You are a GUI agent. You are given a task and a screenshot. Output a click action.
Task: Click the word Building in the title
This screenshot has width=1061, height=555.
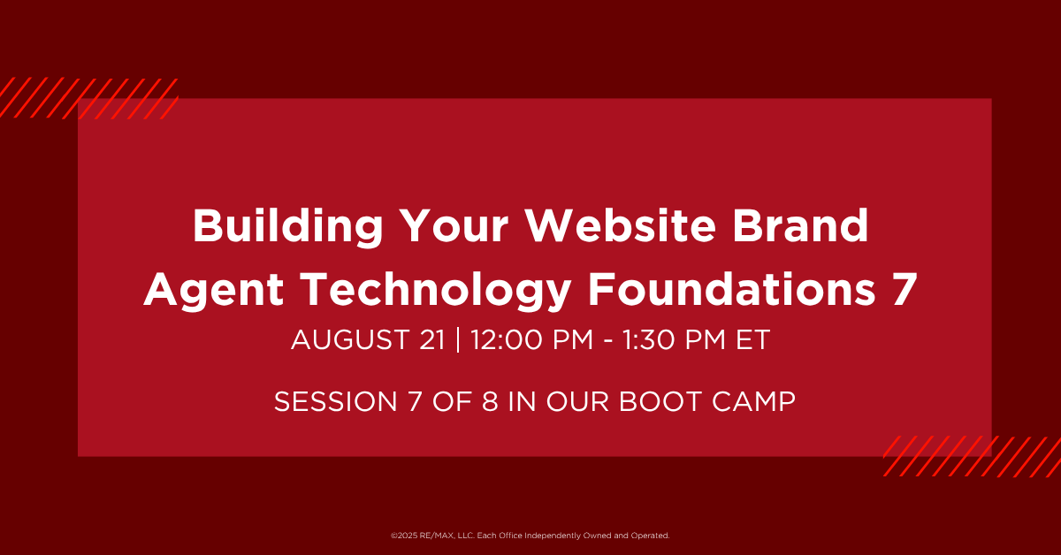[x=287, y=227]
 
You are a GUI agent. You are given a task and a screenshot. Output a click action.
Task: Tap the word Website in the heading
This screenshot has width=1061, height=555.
[x=621, y=226]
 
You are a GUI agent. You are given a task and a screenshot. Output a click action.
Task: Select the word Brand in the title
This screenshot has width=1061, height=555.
[x=800, y=226]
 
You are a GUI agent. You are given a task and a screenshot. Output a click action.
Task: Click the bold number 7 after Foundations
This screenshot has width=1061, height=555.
[x=905, y=289]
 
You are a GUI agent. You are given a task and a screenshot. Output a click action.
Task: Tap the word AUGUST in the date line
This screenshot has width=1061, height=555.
[x=350, y=339]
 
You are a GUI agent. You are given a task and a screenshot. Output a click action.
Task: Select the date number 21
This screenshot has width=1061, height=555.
[x=432, y=339]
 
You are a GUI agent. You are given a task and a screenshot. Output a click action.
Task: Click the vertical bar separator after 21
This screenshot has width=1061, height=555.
[x=458, y=340]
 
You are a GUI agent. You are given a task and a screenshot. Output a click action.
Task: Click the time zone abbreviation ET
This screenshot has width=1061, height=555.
[x=752, y=339]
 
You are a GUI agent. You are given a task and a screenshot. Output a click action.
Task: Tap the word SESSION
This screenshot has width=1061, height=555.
[x=335, y=401]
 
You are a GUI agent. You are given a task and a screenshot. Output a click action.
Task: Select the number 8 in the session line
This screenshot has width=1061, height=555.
[x=490, y=401]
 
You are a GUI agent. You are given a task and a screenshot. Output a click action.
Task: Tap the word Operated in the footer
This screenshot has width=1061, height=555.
[x=650, y=536]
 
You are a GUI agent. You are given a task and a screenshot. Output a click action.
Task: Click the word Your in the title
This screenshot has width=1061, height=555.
[x=454, y=226]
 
